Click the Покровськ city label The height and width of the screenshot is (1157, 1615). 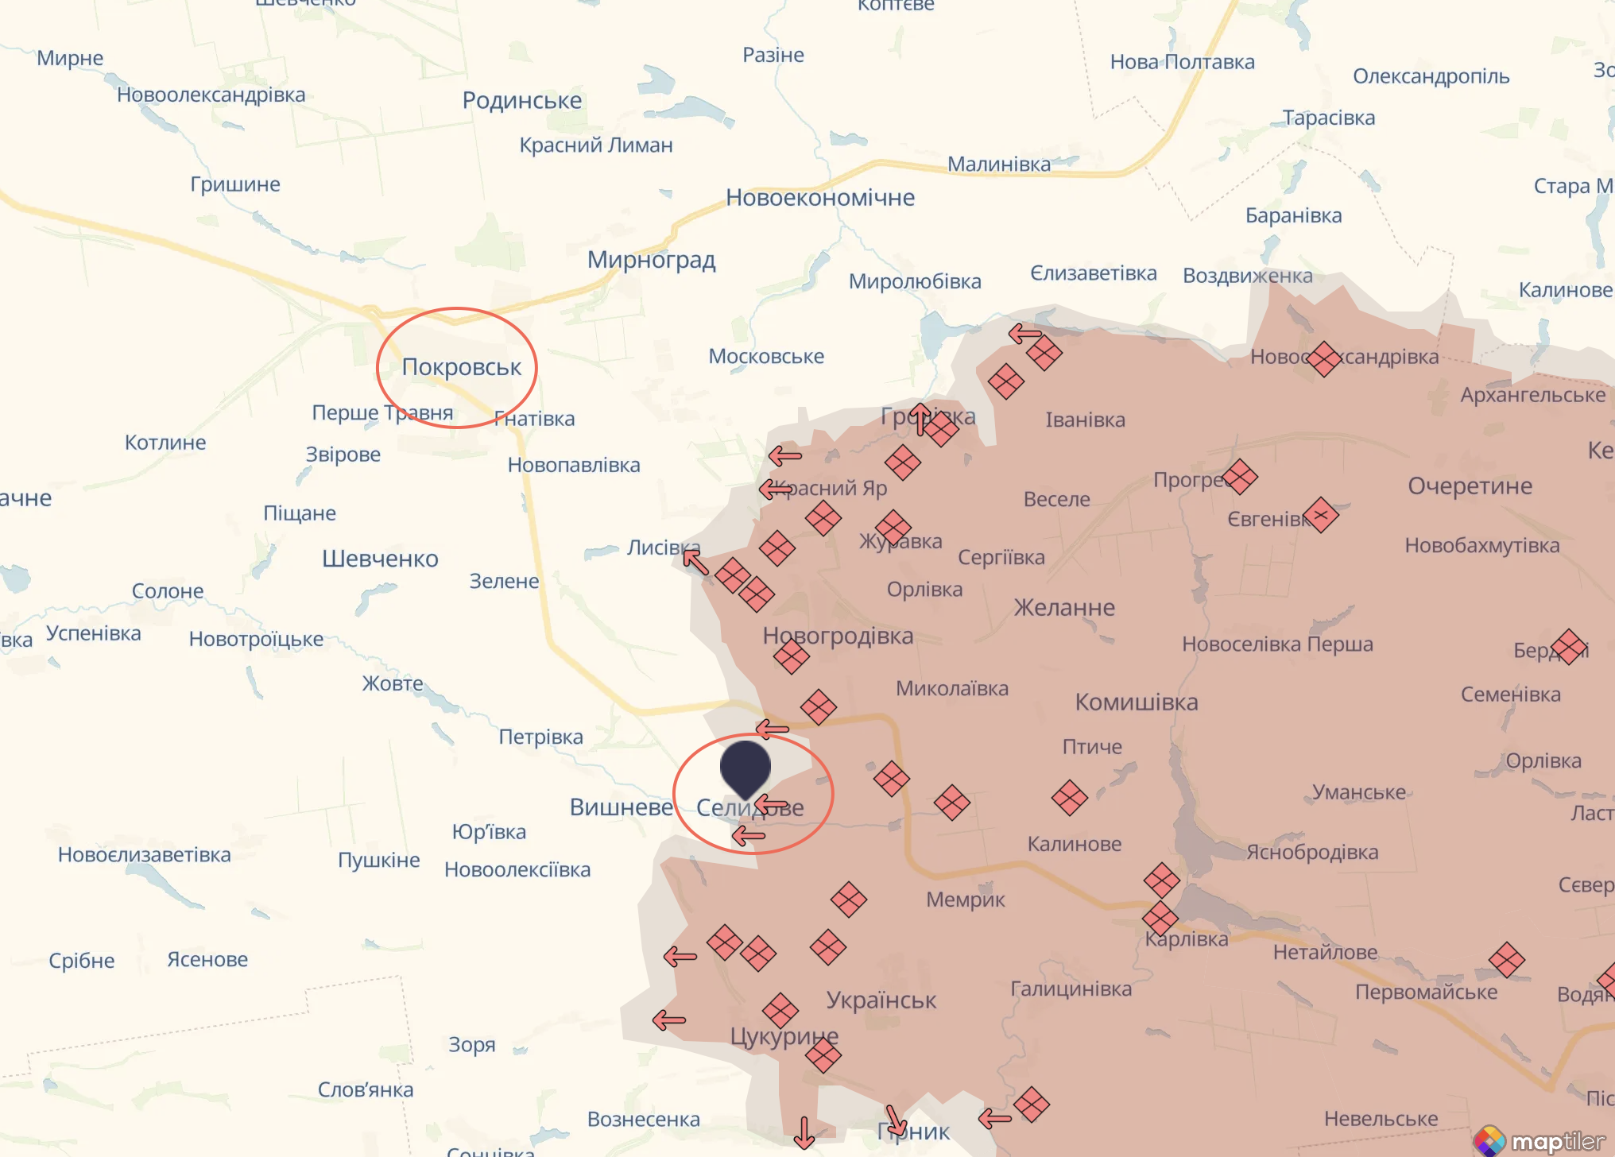click(x=461, y=367)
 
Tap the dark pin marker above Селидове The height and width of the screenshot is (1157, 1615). click(x=745, y=768)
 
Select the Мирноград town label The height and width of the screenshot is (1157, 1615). click(x=651, y=260)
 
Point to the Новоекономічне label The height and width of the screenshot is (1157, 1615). click(x=819, y=197)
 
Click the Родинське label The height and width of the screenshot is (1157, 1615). click(x=521, y=101)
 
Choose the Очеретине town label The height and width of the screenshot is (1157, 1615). click(x=1470, y=486)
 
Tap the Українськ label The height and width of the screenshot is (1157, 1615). click(x=881, y=1000)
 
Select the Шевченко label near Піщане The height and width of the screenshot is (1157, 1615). click(x=380, y=559)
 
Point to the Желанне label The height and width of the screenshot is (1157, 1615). click(x=1064, y=608)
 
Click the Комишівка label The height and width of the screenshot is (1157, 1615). click(x=1136, y=702)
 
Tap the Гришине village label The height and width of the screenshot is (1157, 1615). click(x=234, y=184)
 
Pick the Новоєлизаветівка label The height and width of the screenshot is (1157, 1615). click(x=144, y=855)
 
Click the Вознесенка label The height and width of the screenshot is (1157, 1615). click(x=643, y=1119)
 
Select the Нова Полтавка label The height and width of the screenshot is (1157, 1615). click(x=1182, y=62)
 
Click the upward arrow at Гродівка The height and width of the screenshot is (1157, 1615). click(x=920, y=419)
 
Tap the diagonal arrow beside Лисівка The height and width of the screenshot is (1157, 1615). click(x=695, y=562)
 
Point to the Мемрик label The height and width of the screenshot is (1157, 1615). click(x=965, y=900)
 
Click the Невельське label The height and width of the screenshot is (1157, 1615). click(x=1381, y=1119)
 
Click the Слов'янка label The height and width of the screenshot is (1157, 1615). click(x=366, y=1089)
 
